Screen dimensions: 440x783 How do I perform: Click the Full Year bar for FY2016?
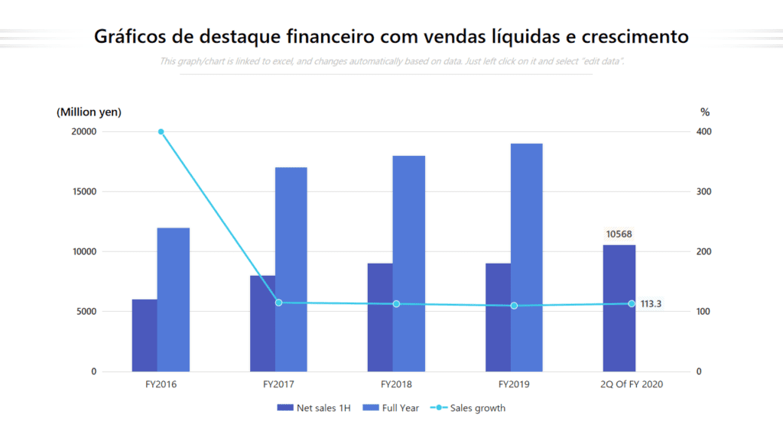(x=173, y=299)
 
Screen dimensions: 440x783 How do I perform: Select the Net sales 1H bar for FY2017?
(x=262, y=323)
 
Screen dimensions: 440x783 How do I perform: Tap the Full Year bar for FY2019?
(x=526, y=257)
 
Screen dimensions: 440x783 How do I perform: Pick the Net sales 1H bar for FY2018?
(x=380, y=317)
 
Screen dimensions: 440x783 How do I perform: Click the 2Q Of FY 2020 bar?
(x=619, y=308)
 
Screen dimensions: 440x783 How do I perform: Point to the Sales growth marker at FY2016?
(x=161, y=131)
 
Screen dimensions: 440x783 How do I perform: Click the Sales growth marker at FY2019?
(x=514, y=306)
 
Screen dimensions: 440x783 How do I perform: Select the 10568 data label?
(x=619, y=235)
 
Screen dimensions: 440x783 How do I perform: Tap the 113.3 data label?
(x=651, y=304)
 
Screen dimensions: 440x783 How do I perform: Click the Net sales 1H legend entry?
(x=314, y=408)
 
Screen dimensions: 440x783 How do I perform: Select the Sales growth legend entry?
(x=468, y=408)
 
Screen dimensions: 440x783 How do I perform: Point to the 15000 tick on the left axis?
(x=83, y=192)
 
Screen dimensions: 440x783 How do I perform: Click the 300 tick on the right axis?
(x=703, y=192)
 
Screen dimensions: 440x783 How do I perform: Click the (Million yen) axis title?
(x=89, y=112)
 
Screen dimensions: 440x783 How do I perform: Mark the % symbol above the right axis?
(x=705, y=112)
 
